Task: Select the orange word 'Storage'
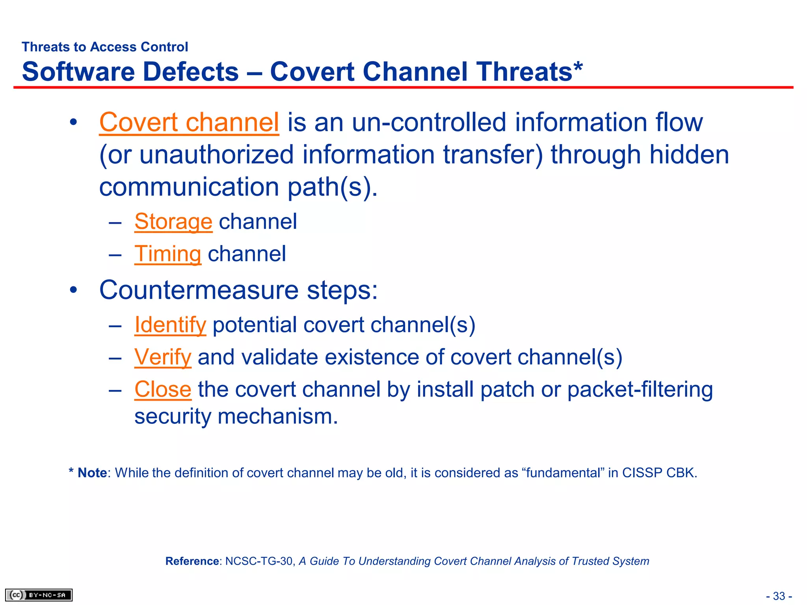click(x=173, y=221)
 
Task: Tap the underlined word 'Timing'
click(x=168, y=254)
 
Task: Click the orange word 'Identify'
click(x=170, y=325)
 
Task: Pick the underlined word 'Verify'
click(x=163, y=357)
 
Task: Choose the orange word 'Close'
click(x=163, y=389)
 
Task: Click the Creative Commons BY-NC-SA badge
click(x=39, y=595)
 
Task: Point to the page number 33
click(x=779, y=596)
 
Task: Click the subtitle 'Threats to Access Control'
click(x=105, y=47)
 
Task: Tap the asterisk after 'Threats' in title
click(x=578, y=67)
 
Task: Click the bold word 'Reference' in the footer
click(x=192, y=561)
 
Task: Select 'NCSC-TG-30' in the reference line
click(x=258, y=561)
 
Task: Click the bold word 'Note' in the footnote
click(x=92, y=473)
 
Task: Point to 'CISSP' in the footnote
click(x=642, y=473)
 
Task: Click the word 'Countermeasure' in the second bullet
click(x=199, y=290)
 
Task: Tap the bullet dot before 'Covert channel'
click(x=73, y=122)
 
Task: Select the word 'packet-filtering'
click(x=640, y=389)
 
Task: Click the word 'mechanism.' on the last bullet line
click(x=278, y=416)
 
